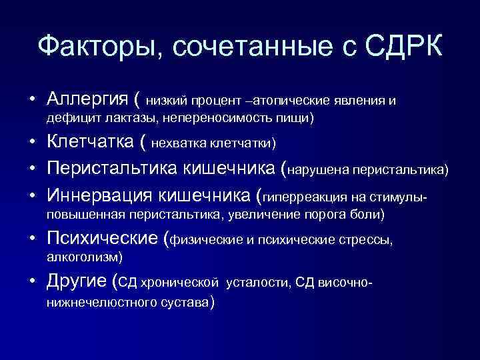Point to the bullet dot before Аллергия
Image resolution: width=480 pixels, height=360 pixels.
click(x=31, y=100)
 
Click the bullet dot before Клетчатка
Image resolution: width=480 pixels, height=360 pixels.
click(x=31, y=142)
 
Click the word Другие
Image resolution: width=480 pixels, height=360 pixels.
click(x=75, y=281)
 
